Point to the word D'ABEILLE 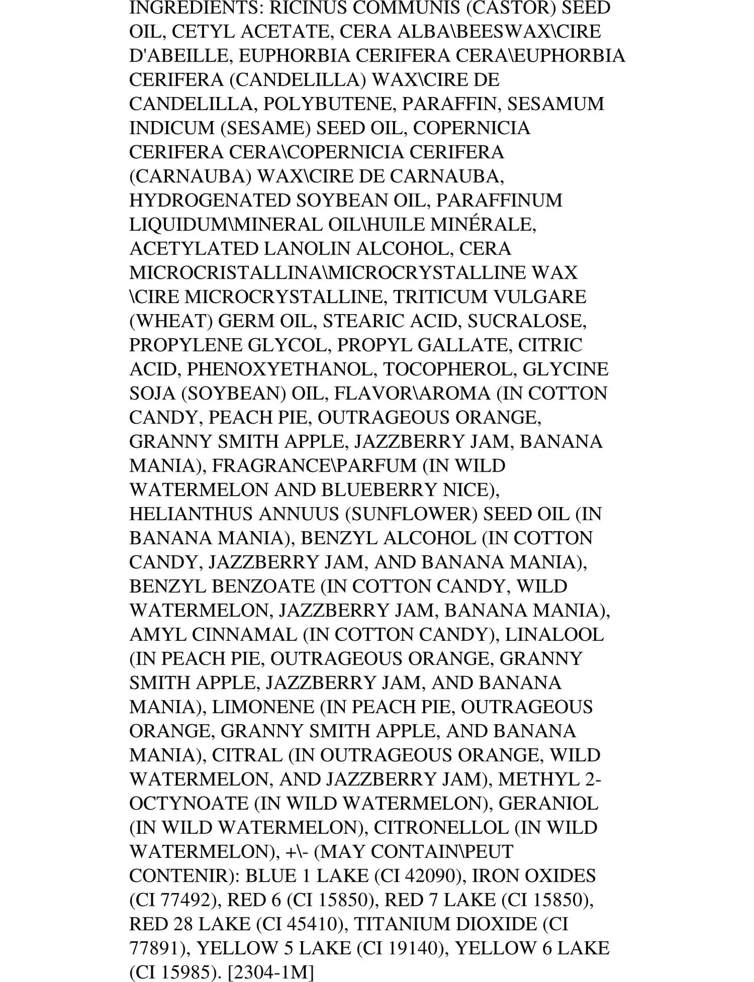(177, 56)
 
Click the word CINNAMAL (245, 634)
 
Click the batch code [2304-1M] (271, 972)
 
